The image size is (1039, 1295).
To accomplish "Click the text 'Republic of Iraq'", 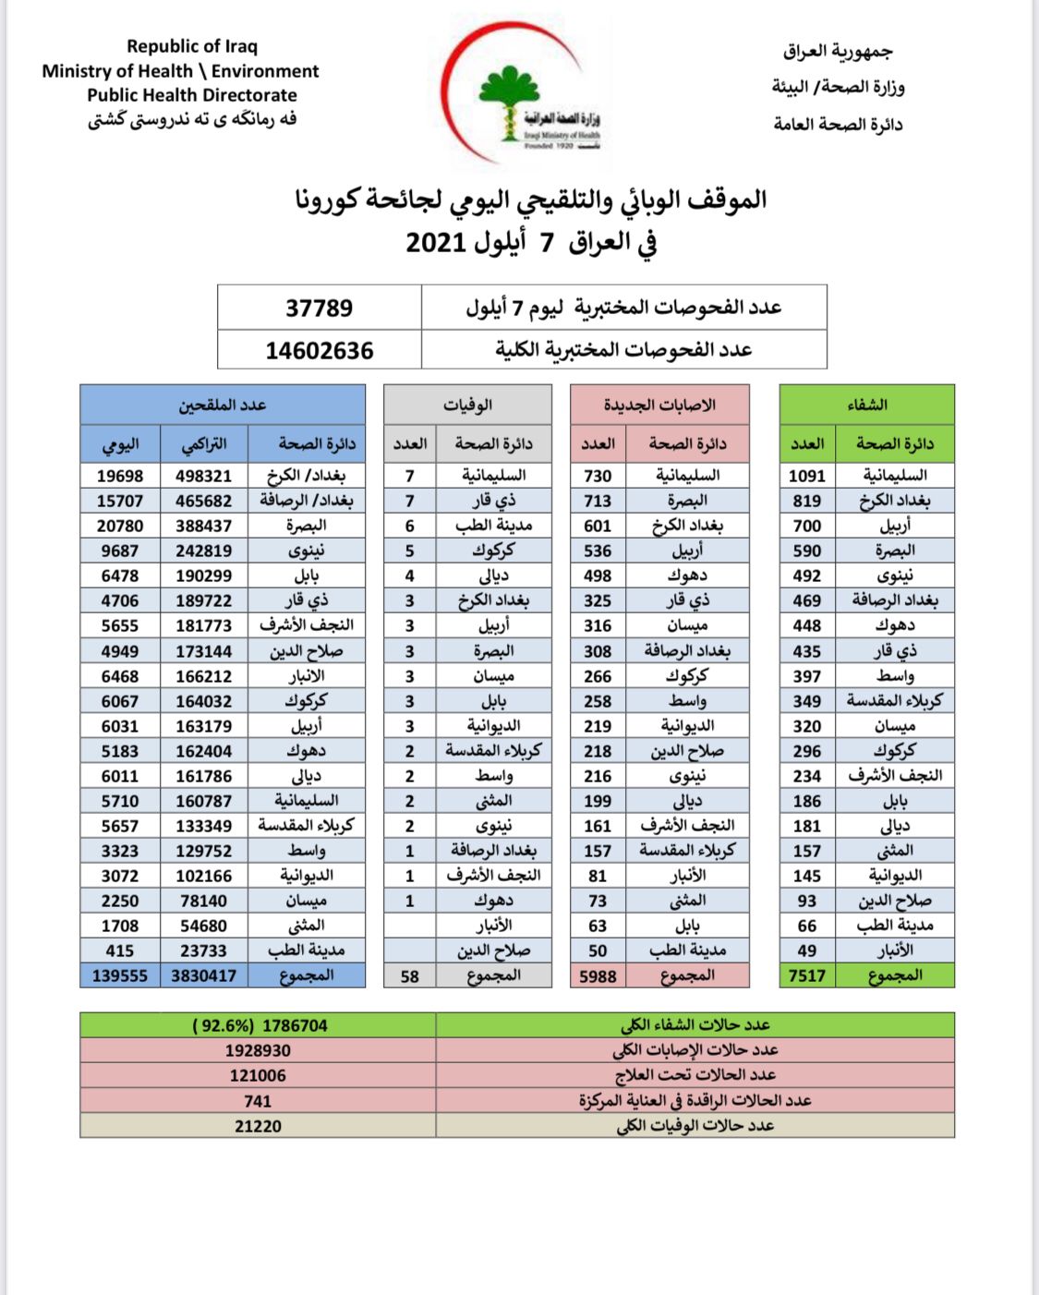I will [192, 46].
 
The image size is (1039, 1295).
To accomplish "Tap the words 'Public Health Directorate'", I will [192, 95].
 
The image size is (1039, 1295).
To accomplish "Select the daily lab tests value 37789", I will [319, 308].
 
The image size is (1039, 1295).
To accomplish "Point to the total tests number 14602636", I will [319, 351].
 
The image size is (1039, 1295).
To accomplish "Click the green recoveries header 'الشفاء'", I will [866, 405].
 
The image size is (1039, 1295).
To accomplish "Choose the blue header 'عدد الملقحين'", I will [223, 405].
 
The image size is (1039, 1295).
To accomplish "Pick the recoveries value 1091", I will [806, 476].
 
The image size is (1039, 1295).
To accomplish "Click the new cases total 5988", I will [598, 976].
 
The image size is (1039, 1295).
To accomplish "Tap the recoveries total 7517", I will [806, 975].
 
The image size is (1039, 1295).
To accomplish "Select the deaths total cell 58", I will [410, 976].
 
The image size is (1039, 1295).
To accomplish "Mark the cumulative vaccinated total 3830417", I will [203, 975].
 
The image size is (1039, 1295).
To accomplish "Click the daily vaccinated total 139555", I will [120, 975].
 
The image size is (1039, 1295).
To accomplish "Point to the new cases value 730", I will [598, 476].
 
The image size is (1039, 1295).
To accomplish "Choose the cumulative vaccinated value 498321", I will [203, 476].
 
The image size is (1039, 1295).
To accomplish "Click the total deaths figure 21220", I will [258, 1126].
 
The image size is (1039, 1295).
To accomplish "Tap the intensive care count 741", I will [258, 1101].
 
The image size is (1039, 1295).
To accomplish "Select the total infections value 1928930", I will [258, 1050].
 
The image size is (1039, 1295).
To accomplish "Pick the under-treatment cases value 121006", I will [258, 1075].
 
